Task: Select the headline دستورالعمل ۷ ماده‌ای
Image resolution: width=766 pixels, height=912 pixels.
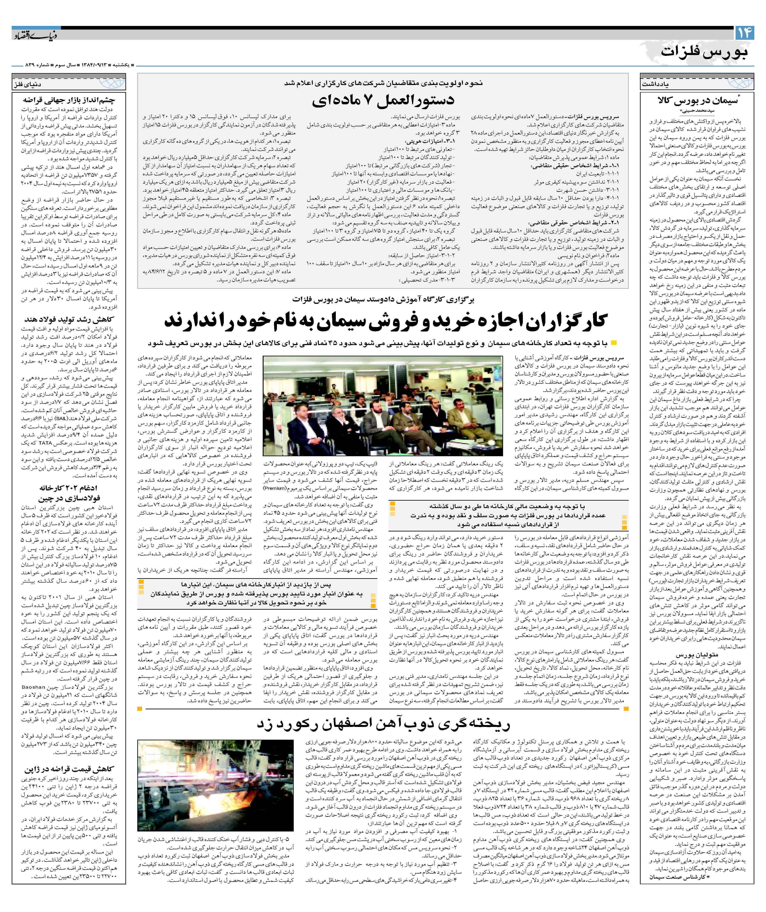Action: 383,100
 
